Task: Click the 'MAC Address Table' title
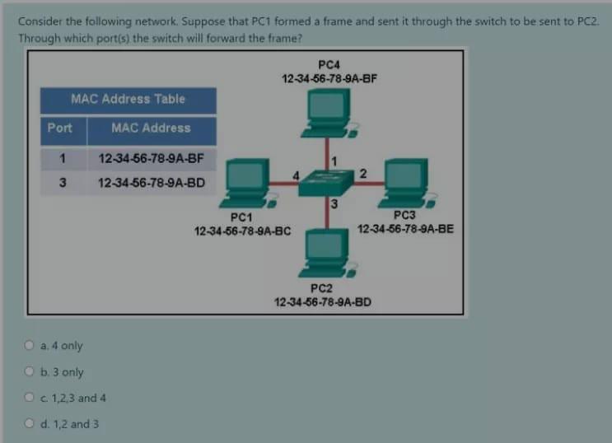(x=128, y=99)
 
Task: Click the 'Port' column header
(x=59, y=128)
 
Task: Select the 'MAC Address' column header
(x=151, y=128)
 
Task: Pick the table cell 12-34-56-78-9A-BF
(x=151, y=158)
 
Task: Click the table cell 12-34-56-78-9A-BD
(x=151, y=182)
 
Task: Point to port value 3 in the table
(x=63, y=182)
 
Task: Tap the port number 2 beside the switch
(x=363, y=171)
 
